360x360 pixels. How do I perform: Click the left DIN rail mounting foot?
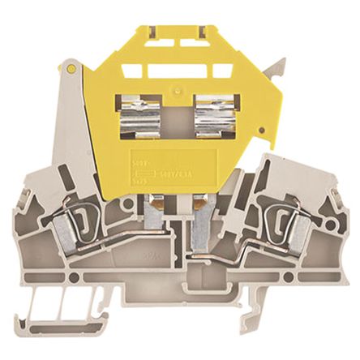tap(62, 328)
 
